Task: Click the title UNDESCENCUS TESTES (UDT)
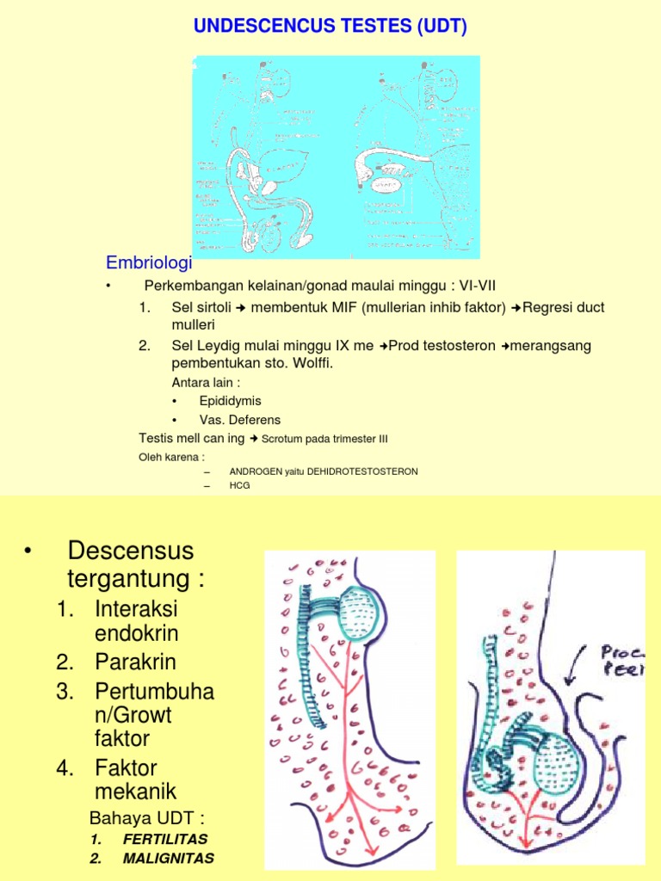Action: tap(330, 28)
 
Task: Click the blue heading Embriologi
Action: tap(149, 262)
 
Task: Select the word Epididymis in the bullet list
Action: tap(230, 401)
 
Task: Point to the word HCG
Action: tap(239, 486)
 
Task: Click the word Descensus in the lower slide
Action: tap(130, 550)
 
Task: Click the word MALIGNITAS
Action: tap(169, 858)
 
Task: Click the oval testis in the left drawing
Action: tap(355, 614)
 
